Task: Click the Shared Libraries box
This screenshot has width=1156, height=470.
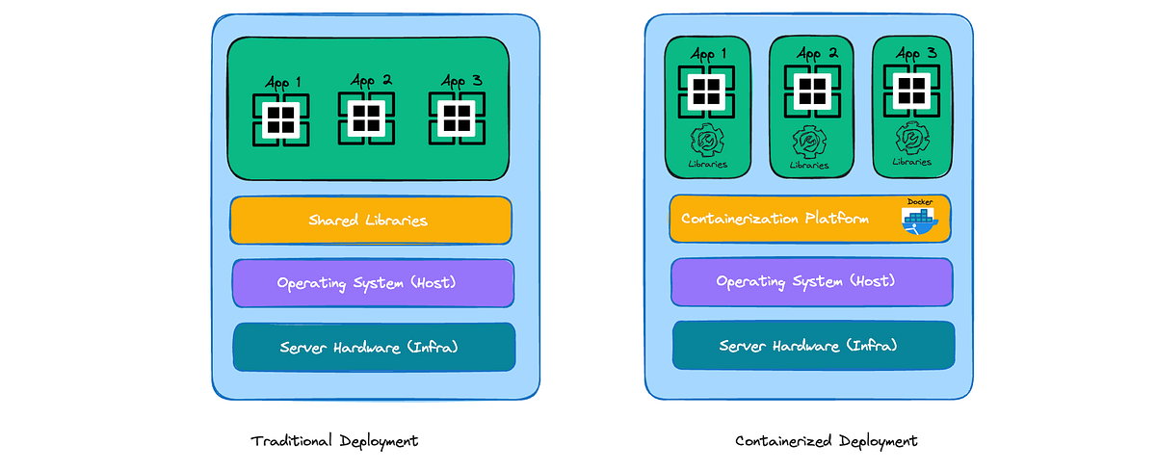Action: coord(370,221)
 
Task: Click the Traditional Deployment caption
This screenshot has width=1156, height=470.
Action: coord(334,441)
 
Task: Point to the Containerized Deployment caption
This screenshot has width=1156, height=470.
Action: coord(827,441)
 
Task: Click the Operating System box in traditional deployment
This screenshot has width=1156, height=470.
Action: coord(372,283)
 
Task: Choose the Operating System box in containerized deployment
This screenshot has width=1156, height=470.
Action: coord(811,282)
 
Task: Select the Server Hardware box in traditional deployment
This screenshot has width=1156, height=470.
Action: coord(373,347)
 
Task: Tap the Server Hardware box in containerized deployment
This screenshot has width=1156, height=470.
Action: coord(812,345)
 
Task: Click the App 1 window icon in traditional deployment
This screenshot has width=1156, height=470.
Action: coord(280,119)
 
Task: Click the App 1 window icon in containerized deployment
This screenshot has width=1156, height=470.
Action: coord(707,92)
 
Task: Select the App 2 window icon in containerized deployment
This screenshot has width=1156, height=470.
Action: coord(812,92)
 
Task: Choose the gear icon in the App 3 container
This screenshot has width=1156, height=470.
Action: coord(910,140)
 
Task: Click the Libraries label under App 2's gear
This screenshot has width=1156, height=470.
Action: coord(809,166)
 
